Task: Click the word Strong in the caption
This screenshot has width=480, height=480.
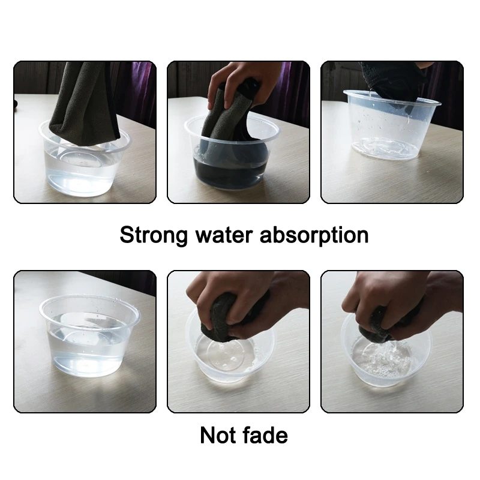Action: point(154,235)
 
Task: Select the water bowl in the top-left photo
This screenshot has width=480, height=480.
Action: point(84,171)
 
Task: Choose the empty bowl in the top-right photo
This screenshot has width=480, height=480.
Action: point(390,132)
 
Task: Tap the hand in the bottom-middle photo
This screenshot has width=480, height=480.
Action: point(240,294)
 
